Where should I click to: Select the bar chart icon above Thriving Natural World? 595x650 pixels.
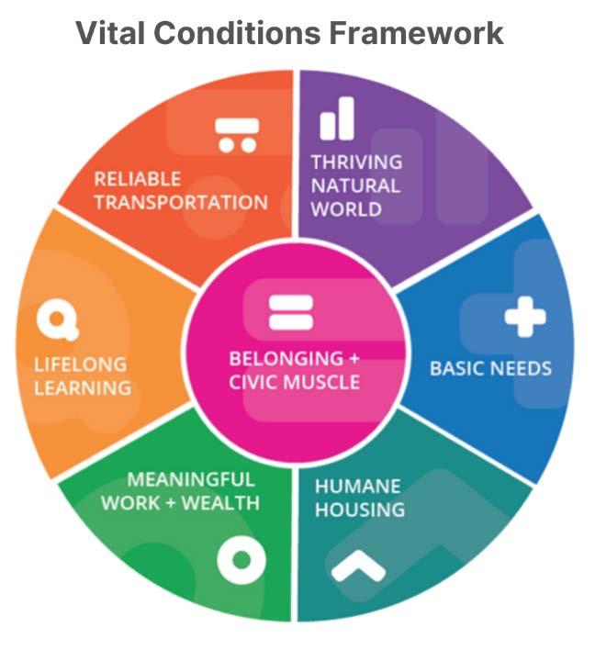tap(337, 119)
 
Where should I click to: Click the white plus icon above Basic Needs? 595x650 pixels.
tap(524, 319)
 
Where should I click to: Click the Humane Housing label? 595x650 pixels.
tap(359, 497)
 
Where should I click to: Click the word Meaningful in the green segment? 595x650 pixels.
tap(191, 479)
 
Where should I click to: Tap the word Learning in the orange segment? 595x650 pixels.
tap(83, 387)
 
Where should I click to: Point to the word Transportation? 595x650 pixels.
tap(181, 202)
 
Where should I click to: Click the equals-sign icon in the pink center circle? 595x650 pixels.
tap(292, 312)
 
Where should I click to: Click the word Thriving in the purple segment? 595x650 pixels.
tap(356, 162)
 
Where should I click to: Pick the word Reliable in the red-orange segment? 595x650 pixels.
tap(137, 178)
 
